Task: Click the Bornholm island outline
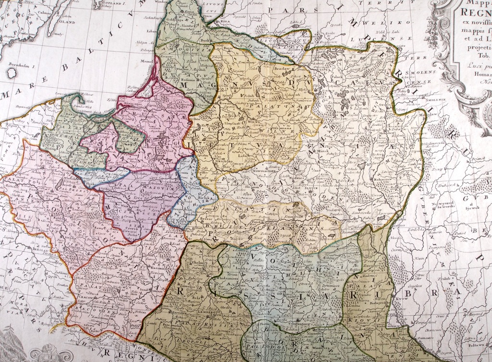coord(12,73)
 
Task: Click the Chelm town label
coord(198,263)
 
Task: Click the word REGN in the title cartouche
coord(476,12)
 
